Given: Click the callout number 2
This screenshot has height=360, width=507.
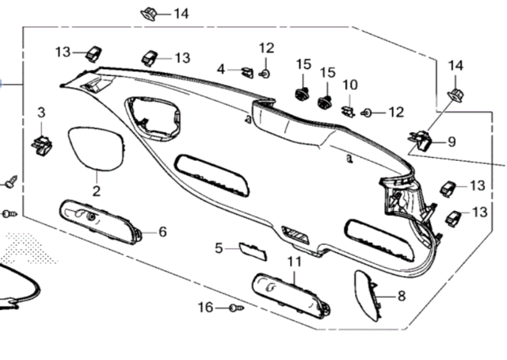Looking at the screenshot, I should click(96, 191).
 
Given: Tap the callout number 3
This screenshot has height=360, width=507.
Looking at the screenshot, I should click(41, 113).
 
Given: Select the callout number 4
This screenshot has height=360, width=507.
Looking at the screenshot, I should click(222, 69).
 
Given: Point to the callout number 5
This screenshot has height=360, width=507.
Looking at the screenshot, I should click(219, 248).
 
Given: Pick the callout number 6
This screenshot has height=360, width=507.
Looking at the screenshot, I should click(162, 232).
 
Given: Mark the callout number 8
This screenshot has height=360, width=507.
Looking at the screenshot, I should click(401, 296).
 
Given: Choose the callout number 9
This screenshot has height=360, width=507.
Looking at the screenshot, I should click(452, 142).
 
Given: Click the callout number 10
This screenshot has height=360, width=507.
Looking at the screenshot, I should click(350, 85).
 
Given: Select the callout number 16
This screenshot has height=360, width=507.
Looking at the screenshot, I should click(206, 307).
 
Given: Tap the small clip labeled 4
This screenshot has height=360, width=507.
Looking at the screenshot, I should click(247, 73).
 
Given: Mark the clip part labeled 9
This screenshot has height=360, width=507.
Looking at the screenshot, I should click(421, 141).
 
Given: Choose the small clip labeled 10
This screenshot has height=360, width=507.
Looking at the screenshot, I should click(347, 109).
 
